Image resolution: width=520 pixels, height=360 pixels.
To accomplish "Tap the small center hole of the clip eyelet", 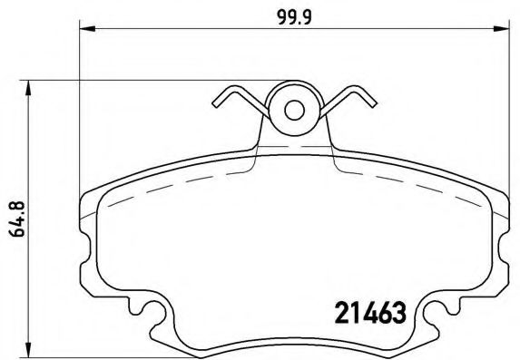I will [294, 110].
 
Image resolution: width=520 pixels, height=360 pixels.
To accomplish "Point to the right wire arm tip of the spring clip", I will [372, 102].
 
